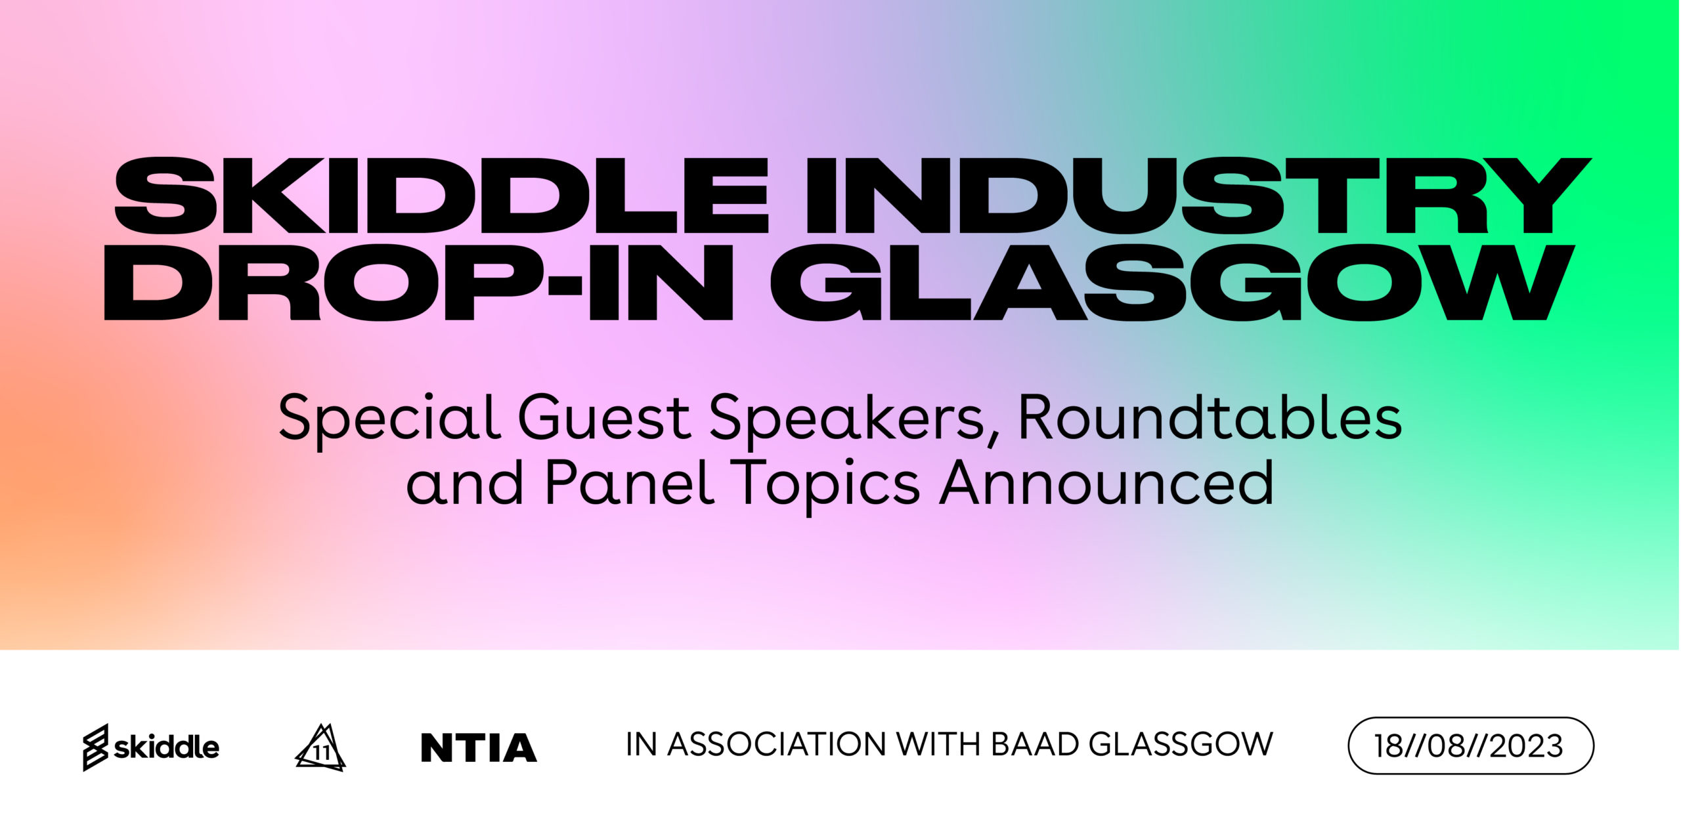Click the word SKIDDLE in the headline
pyautogui.click(x=441, y=196)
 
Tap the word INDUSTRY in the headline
pyautogui.click(x=1198, y=196)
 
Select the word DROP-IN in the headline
pyautogui.click(x=418, y=283)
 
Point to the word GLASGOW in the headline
pyautogui.click(x=1172, y=283)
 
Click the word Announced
pyautogui.click(x=1107, y=482)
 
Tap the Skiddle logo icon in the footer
pyautogui.click(x=95, y=747)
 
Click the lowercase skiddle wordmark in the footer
pyautogui.click(x=167, y=747)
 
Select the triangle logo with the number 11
pyautogui.click(x=320, y=747)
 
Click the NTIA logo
pyautogui.click(x=479, y=747)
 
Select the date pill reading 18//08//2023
pyautogui.click(x=1470, y=745)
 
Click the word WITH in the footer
pyautogui.click(x=939, y=744)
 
